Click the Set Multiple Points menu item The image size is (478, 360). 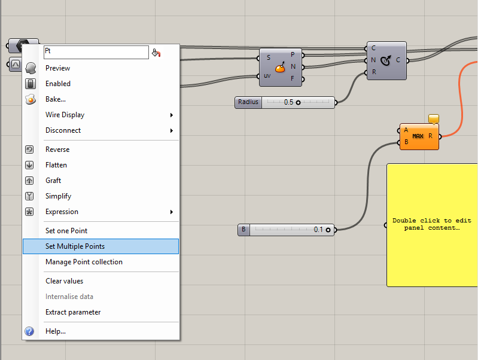(x=75, y=246)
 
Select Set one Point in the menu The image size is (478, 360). (x=66, y=231)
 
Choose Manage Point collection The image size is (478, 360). (x=84, y=262)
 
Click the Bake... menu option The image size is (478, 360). (x=56, y=99)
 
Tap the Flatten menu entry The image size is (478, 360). (x=56, y=165)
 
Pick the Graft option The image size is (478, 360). (x=53, y=181)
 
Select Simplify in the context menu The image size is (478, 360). (x=58, y=196)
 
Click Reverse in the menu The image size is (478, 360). (x=57, y=150)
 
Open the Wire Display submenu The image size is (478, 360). (x=65, y=115)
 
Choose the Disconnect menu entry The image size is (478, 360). (x=63, y=130)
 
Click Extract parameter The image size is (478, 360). (x=73, y=312)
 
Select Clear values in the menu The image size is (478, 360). (x=64, y=281)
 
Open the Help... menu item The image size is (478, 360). (x=56, y=331)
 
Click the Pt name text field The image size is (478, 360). (x=96, y=53)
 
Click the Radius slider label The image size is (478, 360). (x=248, y=102)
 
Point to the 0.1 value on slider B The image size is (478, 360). (x=318, y=230)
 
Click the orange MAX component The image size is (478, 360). (x=418, y=137)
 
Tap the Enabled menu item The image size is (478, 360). (x=58, y=84)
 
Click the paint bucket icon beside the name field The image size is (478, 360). (x=156, y=53)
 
